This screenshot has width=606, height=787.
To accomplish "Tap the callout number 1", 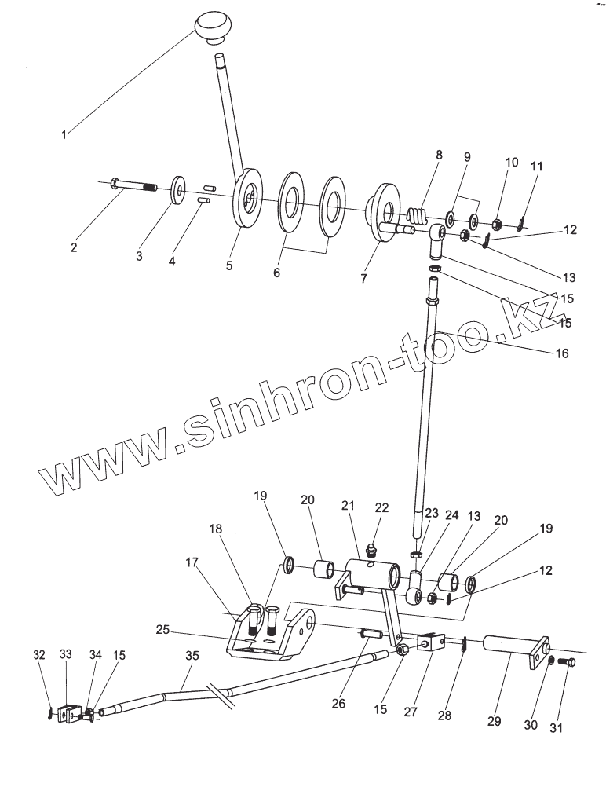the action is point(64,134).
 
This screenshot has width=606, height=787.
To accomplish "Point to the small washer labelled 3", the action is point(179,189).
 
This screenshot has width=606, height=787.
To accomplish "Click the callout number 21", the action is point(348,507).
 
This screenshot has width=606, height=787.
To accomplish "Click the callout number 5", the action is point(229,265).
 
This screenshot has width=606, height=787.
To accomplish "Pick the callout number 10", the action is point(512,162).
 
